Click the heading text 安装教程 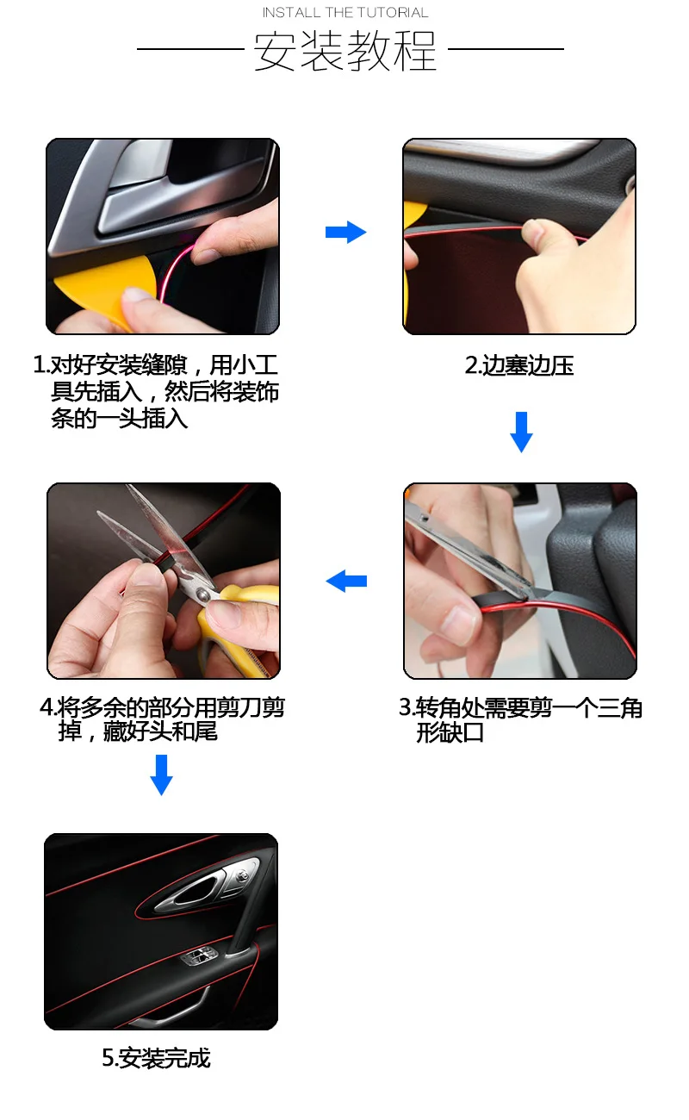[x=345, y=51]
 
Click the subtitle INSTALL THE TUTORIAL [x=345, y=13]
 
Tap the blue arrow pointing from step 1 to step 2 [x=345, y=232]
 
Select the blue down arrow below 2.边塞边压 [x=521, y=432]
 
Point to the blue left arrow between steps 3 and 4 [x=346, y=581]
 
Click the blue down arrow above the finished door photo [x=161, y=775]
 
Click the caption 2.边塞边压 [x=519, y=365]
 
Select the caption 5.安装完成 [x=156, y=1058]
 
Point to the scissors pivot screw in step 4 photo [x=202, y=594]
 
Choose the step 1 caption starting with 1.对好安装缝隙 [x=156, y=392]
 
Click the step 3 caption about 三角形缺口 [x=520, y=720]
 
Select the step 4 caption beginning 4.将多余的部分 [x=162, y=719]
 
